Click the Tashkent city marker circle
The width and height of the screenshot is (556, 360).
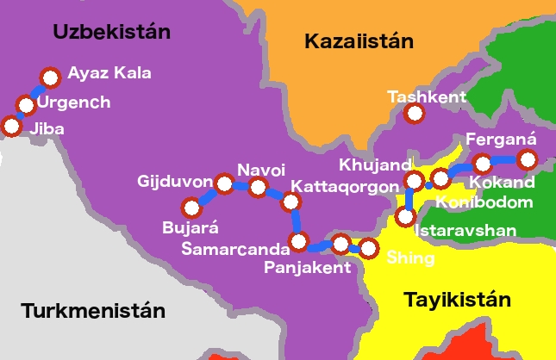point(415,113)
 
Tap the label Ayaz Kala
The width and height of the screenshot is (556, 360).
point(109,73)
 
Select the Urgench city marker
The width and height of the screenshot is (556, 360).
point(26,106)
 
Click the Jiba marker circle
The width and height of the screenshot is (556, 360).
point(12,126)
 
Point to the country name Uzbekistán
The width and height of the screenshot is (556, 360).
point(111,32)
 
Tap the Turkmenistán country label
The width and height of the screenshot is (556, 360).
point(92,310)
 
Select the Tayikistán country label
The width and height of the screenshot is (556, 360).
point(457,300)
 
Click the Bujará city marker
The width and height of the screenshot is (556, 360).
point(191,208)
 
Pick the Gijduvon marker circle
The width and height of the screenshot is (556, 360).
point(224,183)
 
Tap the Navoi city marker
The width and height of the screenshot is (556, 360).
point(257,187)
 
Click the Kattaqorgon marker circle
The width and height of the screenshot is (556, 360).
point(291,202)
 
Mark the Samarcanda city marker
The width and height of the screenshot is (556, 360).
point(299,240)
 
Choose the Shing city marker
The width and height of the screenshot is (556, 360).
point(368,249)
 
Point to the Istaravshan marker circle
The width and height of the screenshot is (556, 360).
point(407,215)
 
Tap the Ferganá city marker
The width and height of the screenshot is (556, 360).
point(527,158)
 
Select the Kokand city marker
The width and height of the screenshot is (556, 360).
point(483,162)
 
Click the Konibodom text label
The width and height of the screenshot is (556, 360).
point(484,202)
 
